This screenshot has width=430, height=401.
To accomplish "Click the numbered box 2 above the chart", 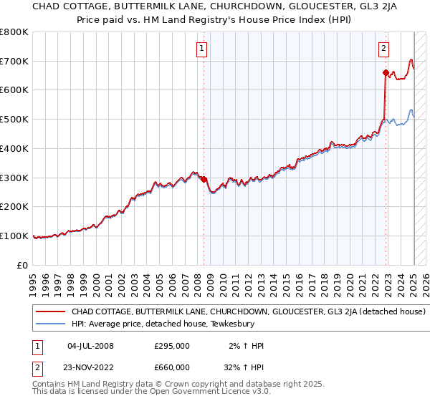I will click(x=384, y=49).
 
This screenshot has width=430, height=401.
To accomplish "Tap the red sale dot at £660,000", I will click(x=386, y=72).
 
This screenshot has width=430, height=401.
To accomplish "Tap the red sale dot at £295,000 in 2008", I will click(x=204, y=179).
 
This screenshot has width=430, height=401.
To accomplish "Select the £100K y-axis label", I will click(x=14, y=236).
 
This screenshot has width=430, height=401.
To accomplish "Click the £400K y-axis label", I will click(x=14, y=148).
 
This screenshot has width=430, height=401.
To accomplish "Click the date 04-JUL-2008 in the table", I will click(x=90, y=346).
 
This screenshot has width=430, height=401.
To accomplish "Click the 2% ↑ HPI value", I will click(x=246, y=346).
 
